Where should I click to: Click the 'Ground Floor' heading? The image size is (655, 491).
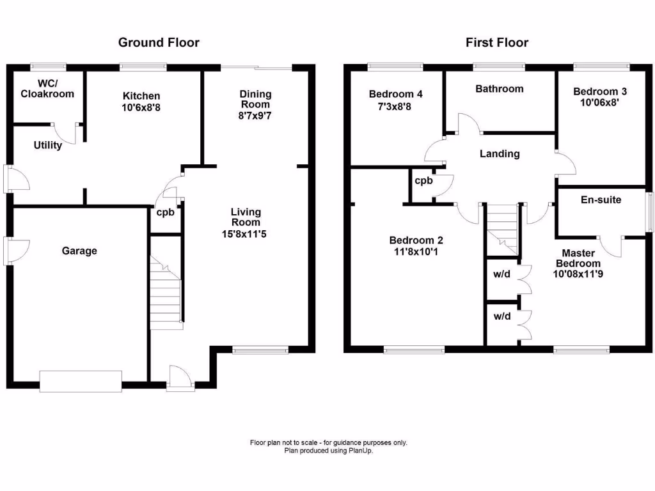(x=159, y=43)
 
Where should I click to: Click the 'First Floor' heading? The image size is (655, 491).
(x=496, y=43)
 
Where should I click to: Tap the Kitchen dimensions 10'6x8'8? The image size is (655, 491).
(x=141, y=108)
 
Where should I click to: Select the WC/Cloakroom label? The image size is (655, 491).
(x=47, y=88)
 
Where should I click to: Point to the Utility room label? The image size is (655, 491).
(x=48, y=145)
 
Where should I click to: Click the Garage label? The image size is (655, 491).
(x=79, y=251)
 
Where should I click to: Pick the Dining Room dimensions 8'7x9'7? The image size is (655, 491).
(x=255, y=116)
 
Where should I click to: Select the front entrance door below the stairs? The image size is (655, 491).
(x=180, y=378)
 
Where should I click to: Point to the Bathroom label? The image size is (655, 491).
(x=499, y=89)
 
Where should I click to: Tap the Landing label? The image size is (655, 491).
(x=500, y=153)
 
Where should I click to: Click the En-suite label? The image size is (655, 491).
(x=601, y=199)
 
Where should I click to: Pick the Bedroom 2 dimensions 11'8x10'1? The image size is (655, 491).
(x=416, y=252)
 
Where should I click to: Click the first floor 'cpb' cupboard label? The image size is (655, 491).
(x=423, y=180)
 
